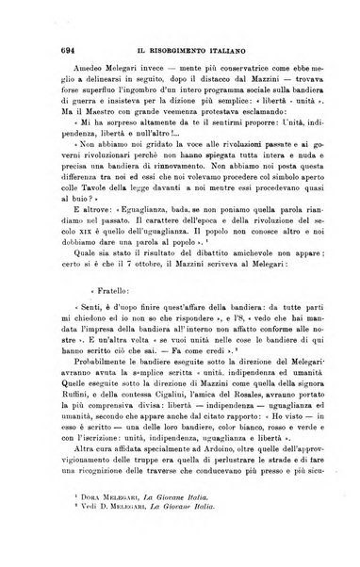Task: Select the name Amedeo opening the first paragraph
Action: pyautogui.click(x=62, y=57)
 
